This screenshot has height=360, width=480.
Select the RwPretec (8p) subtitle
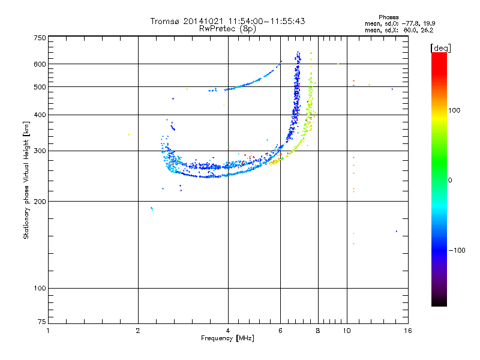point(227,28)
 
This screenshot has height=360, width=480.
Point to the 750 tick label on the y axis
point(40,37)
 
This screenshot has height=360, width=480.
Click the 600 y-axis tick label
point(40,64)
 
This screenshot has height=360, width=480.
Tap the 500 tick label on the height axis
point(40,86)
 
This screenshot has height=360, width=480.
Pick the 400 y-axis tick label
point(40,115)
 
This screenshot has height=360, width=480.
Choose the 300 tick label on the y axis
point(40,151)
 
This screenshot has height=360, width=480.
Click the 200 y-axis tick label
point(40,201)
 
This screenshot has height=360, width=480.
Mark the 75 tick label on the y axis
point(42,323)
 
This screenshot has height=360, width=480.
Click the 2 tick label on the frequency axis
point(138,331)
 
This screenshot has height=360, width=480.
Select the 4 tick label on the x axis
point(228,331)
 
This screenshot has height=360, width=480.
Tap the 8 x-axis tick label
point(318,331)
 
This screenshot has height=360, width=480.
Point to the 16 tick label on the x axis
point(407,331)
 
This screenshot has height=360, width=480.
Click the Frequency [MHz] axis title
point(227,339)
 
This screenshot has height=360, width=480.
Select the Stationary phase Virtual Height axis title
point(26,180)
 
